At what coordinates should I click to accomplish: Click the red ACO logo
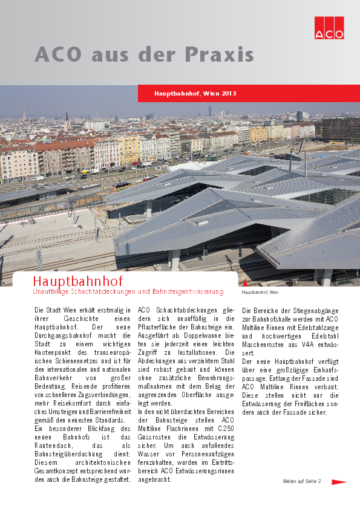coord(329,27)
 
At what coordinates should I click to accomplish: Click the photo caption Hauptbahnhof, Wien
coord(260,293)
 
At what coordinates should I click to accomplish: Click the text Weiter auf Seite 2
coord(302,481)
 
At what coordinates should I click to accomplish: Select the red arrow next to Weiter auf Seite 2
coord(339,482)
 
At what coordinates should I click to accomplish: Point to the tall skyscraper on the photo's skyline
coord(210,111)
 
